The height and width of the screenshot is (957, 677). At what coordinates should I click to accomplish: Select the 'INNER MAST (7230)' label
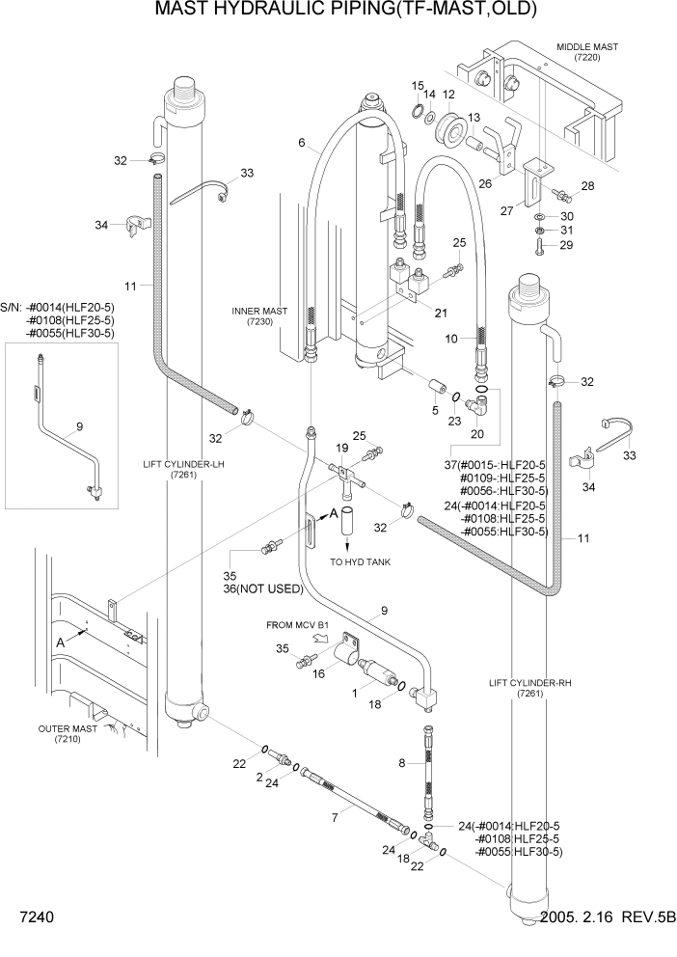260,315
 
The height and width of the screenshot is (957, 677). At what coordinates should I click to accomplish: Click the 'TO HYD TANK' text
360,562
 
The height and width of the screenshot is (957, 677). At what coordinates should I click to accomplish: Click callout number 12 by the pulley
448,95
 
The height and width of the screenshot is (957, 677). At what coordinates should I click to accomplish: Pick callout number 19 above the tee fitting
341,449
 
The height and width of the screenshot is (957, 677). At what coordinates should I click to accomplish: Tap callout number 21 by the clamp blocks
442,312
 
